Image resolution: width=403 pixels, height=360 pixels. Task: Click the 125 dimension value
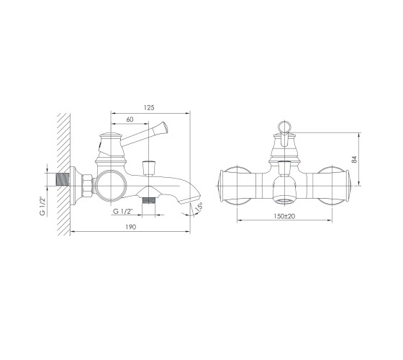(x=150, y=107)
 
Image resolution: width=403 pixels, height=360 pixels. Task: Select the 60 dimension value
(x=130, y=120)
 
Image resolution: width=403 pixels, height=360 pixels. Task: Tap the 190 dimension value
(x=131, y=227)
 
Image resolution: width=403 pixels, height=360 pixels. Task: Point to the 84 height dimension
(x=354, y=159)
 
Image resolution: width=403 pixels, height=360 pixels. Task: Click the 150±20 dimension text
(x=284, y=216)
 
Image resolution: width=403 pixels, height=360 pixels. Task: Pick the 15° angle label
(x=199, y=207)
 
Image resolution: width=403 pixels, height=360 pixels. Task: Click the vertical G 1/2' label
(x=42, y=206)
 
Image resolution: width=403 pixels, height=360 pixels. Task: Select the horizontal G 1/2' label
(x=123, y=212)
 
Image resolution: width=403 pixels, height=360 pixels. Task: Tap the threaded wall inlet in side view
(x=63, y=179)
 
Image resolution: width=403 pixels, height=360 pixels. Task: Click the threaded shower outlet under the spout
(x=149, y=200)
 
